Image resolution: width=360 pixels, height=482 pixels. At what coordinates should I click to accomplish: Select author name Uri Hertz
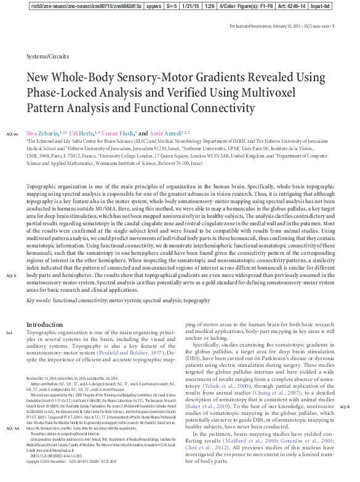(x=81, y=133)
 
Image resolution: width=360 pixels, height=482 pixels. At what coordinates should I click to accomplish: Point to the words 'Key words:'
(x=39, y=300)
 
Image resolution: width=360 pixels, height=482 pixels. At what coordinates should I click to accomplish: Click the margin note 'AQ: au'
(x=12, y=134)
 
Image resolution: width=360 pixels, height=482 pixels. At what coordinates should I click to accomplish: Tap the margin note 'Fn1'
(x=9, y=333)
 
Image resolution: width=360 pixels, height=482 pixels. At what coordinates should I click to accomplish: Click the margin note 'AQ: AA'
(x=12, y=428)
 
